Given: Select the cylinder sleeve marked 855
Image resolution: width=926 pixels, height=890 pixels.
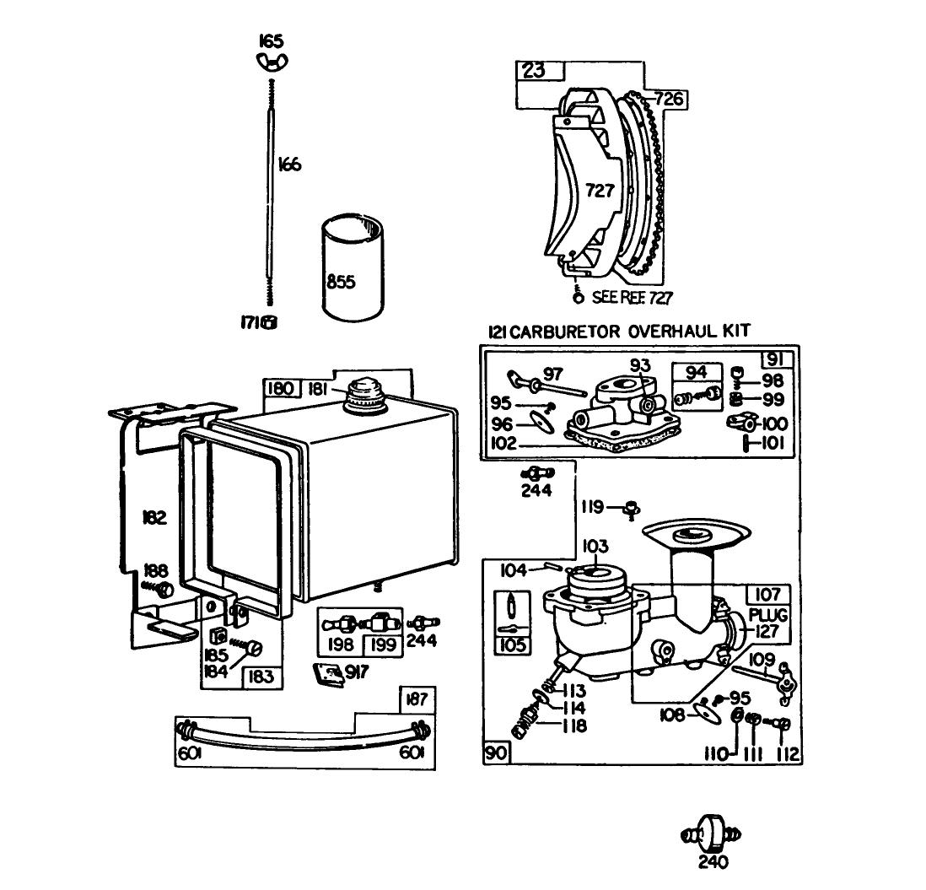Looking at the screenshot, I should click(353, 270).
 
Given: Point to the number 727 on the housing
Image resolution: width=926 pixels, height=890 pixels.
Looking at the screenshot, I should click(600, 191).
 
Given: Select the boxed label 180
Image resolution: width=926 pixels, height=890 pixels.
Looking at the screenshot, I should click(279, 388).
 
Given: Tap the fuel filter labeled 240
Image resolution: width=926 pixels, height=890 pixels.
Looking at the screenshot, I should click(714, 835).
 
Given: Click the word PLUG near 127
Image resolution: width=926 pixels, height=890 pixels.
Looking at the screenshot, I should click(768, 616).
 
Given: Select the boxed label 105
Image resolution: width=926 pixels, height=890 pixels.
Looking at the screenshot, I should click(511, 645).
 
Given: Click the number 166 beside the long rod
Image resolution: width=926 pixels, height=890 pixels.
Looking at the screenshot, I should click(288, 165).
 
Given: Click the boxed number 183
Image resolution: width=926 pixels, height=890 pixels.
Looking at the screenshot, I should click(261, 677).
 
